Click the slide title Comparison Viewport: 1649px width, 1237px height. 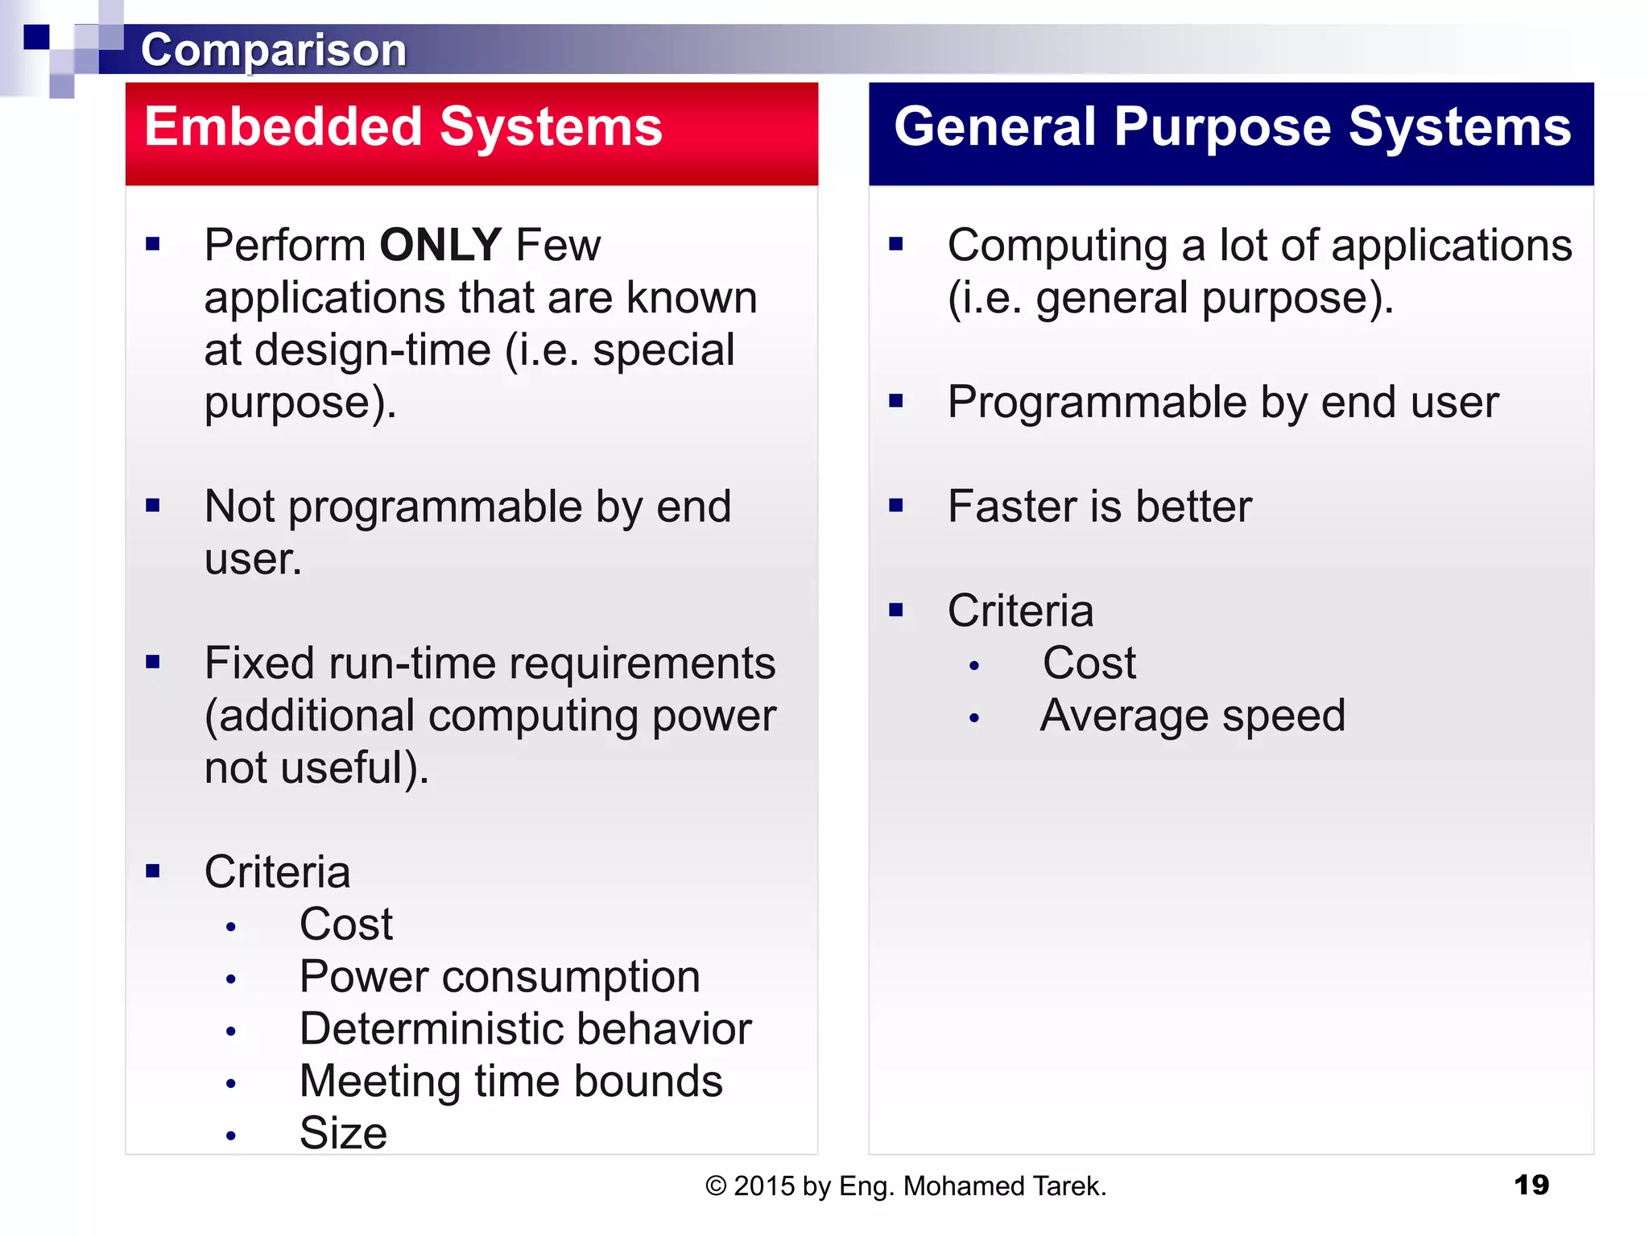[274, 50]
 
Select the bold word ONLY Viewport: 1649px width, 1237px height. [440, 245]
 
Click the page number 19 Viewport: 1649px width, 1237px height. [1531, 1185]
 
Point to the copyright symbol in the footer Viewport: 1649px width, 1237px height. [715, 1186]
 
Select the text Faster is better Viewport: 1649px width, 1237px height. [1099, 507]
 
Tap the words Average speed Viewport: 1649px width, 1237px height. [1192, 715]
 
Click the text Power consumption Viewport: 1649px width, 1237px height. [499, 977]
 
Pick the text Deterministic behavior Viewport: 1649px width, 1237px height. [525, 1029]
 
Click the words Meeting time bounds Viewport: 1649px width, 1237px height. [510, 1081]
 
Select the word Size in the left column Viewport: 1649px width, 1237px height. [343, 1133]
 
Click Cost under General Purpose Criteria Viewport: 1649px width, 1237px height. [1089, 664]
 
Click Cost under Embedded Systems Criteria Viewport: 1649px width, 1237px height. [345, 925]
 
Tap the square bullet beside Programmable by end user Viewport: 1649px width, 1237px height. [896, 401]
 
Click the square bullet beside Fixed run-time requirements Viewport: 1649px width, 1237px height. [153, 662]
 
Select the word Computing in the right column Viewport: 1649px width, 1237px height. [1057, 245]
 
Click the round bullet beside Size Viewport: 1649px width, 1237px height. [231, 1136]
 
